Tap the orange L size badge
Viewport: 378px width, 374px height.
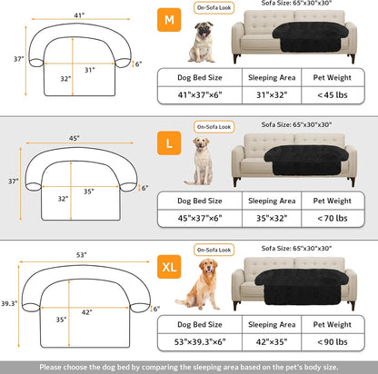point(169,143)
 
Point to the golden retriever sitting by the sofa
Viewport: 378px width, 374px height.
point(197,284)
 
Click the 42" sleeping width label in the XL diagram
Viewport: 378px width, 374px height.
point(87,311)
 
